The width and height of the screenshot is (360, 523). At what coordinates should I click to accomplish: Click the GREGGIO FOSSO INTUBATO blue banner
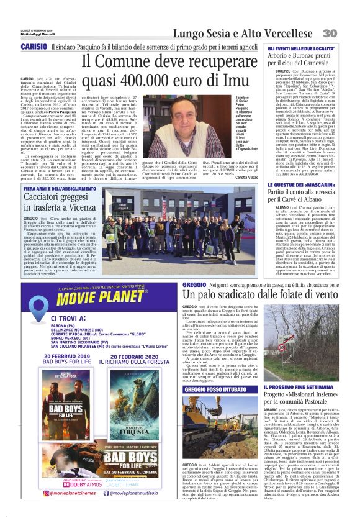click(x=210, y=386)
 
